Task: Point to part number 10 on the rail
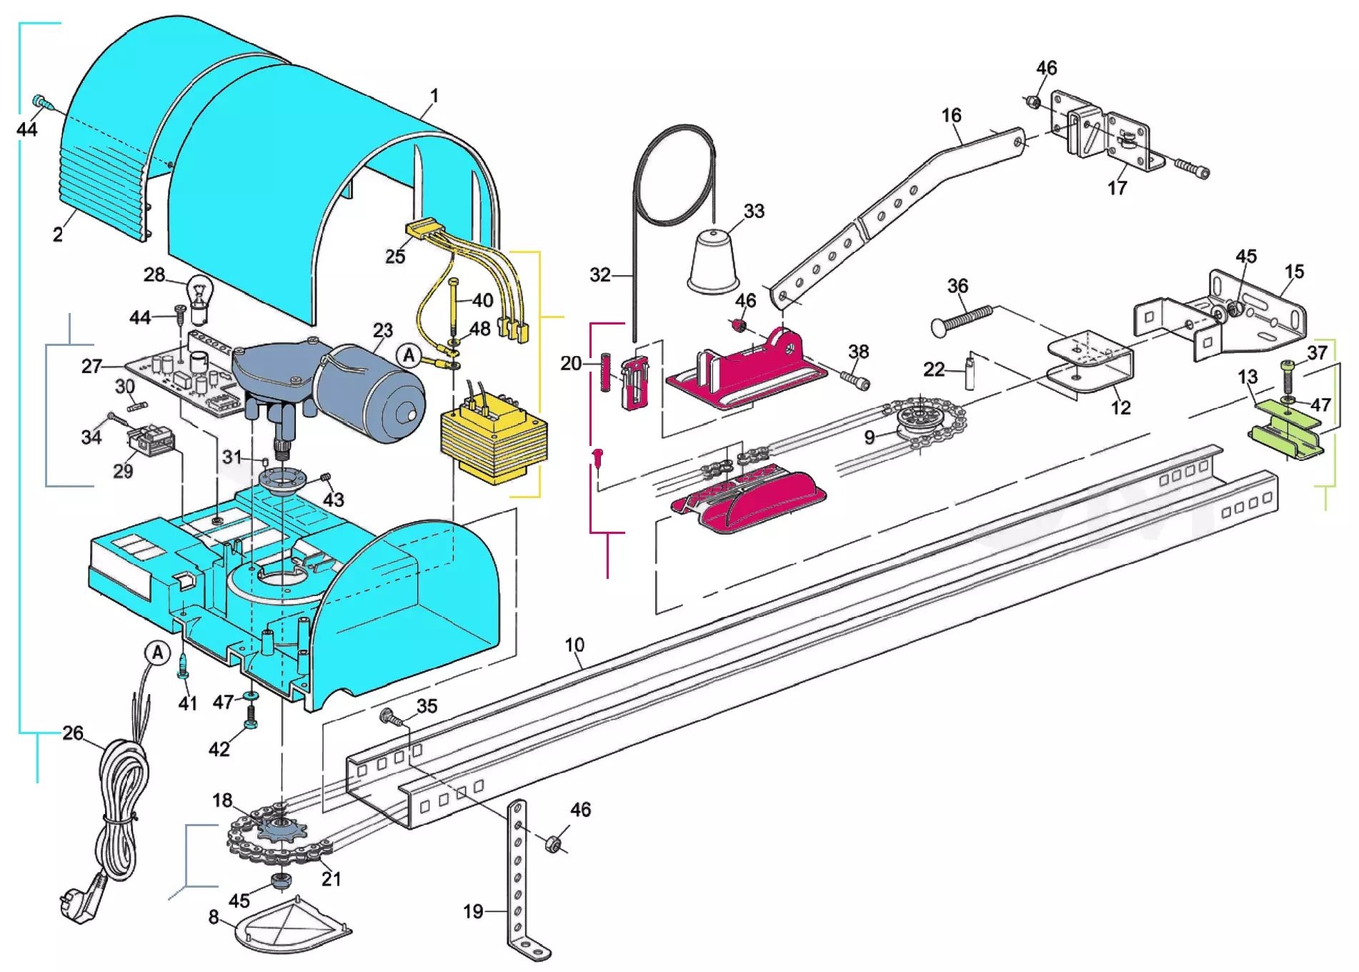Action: [574, 645]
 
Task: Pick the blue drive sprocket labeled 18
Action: [281, 830]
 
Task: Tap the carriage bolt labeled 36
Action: [962, 319]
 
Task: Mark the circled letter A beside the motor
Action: [409, 355]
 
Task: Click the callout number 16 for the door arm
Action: [951, 115]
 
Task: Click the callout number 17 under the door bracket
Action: [1117, 188]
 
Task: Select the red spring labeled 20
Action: [605, 372]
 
